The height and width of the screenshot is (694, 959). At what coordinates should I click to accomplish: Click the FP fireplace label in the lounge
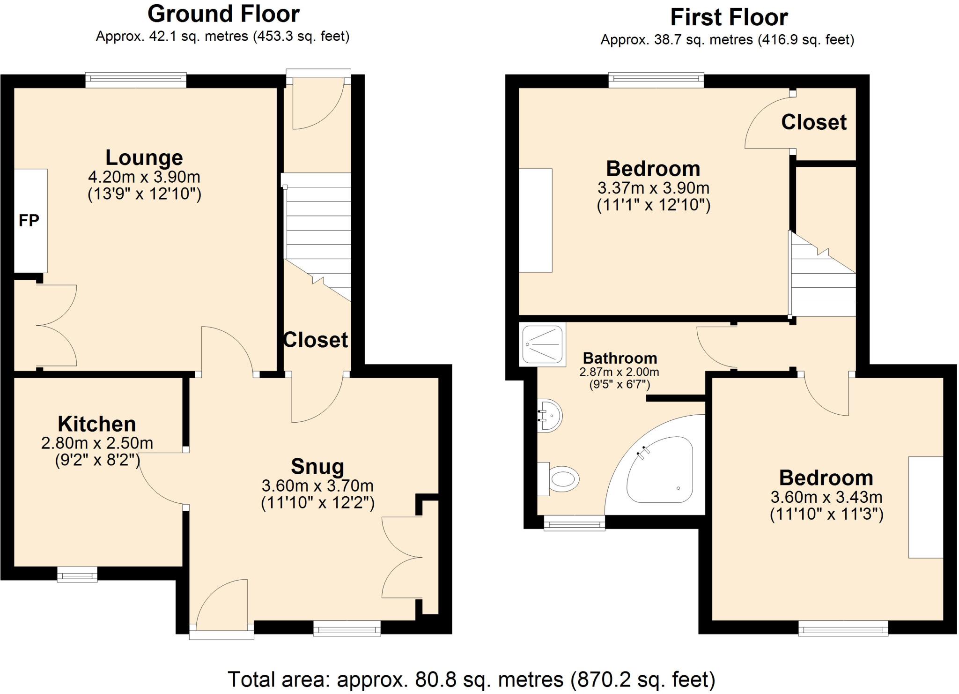(x=29, y=220)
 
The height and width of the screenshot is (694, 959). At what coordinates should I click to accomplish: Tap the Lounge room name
(x=144, y=157)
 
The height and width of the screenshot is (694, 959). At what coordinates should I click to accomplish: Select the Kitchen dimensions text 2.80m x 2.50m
(x=97, y=443)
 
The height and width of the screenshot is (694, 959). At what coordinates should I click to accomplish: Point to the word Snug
(x=317, y=467)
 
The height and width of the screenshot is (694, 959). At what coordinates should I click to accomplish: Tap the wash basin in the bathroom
(x=549, y=415)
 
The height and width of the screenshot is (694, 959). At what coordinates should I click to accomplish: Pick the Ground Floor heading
(x=223, y=14)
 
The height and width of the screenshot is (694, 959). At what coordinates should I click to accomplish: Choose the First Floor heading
(x=729, y=17)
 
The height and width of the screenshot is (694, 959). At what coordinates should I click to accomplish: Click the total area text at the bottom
(x=472, y=679)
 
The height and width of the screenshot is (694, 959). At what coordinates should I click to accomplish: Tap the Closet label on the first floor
(x=814, y=122)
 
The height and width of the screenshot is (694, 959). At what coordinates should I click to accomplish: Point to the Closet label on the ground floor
(x=316, y=340)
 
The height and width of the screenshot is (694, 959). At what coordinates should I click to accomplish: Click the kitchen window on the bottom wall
(x=77, y=575)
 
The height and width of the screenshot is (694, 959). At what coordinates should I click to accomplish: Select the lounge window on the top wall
(x=136, y=80)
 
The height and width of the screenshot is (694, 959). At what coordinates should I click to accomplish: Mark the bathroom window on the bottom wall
(x=575, y=523)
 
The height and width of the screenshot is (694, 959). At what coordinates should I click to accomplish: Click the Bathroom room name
(x=620, y=358)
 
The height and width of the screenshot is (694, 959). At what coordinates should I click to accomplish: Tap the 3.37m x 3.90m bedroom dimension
(x=654, y=188)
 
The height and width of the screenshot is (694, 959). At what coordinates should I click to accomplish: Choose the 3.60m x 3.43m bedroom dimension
(x=826, y=497)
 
